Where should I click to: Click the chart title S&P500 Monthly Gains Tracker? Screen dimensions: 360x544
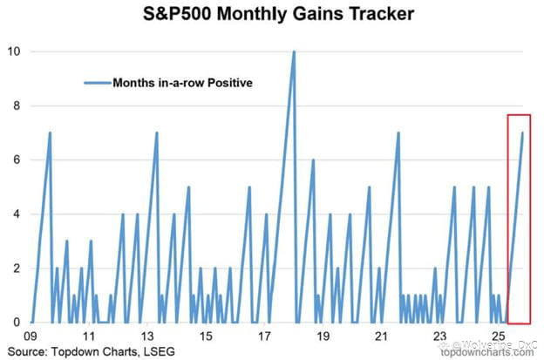[x=281, y=15]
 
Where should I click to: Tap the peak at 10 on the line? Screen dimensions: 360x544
[x=294, y=51]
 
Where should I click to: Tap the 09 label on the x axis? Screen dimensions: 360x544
[x=31, y=336]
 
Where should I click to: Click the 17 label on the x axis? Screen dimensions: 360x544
[x=264, y=336]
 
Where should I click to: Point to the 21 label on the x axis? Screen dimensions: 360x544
[x=381, y=336]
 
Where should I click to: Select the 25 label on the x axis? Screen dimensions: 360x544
[x=498, y=336]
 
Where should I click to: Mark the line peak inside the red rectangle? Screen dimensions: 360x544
[x=522, y=132]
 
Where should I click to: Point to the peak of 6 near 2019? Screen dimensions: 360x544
[x=312, y=160]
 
